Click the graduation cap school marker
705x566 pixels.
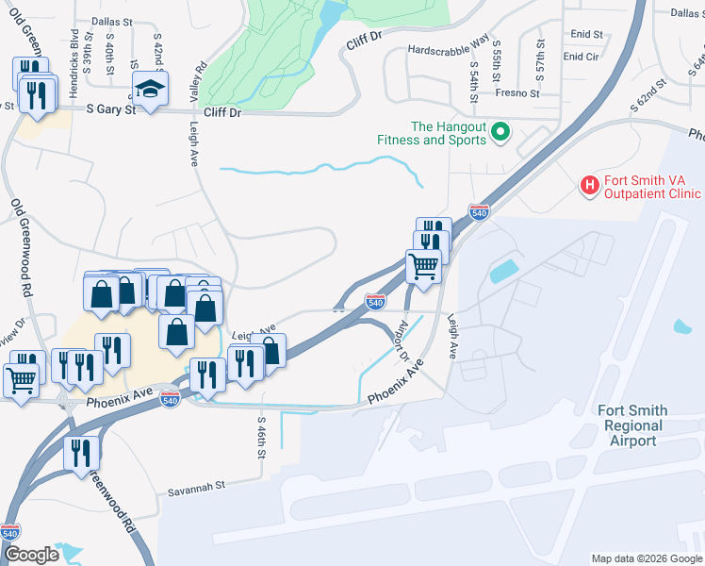pyautogui.click(x=149, y=90)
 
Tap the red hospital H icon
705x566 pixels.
pyautogui.click(x=589, y=184)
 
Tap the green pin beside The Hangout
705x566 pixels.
pyautogui.click(x=500, y=133)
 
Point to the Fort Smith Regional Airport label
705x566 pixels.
pyautogui.click(x=632, y=425)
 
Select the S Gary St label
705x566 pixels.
pyautogui.click(x=111, y=109)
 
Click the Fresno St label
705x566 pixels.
pyautogui.click(x=519, y=93)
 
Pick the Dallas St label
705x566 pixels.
pyautogui.click(x=112, y=20)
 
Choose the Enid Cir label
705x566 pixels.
pyautogui.click(x=581, y=57)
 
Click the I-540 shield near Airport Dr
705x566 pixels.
pyautogui.click(x=375, y=302)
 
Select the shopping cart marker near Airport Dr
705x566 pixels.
pyautogui.click(x=424, y=267)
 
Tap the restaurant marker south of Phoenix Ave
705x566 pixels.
pyautogui.click(x=82, y=454)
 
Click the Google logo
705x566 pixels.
pyautogui.click(x=31, y=556)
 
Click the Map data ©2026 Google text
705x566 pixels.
pyautogui.click(x=647, y=558)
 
